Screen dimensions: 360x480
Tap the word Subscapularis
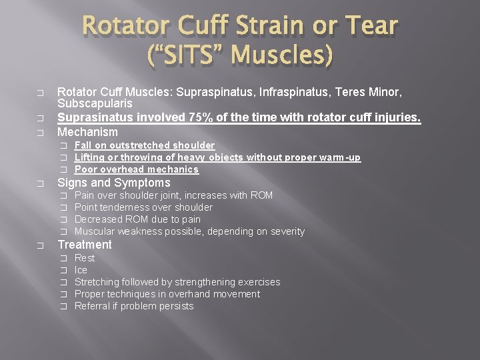click(95, 104)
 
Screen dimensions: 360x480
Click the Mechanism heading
click(87, 132)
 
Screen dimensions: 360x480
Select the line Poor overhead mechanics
click(136, 169)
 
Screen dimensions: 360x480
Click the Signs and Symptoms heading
click(114, 183)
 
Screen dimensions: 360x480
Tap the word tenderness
click(131, 207)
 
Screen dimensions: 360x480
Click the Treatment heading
click(85, 245)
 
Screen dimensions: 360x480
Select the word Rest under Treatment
click(85, 258)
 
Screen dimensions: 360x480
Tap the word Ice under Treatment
click(81, 270)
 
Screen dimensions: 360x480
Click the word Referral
click(92, 306)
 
